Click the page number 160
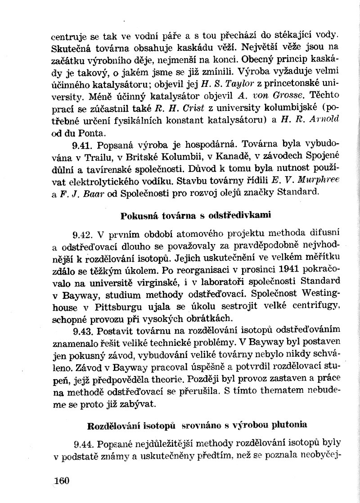click(61, 480)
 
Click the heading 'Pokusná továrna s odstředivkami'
click(196, 215)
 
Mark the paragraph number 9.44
click(83, 444)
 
